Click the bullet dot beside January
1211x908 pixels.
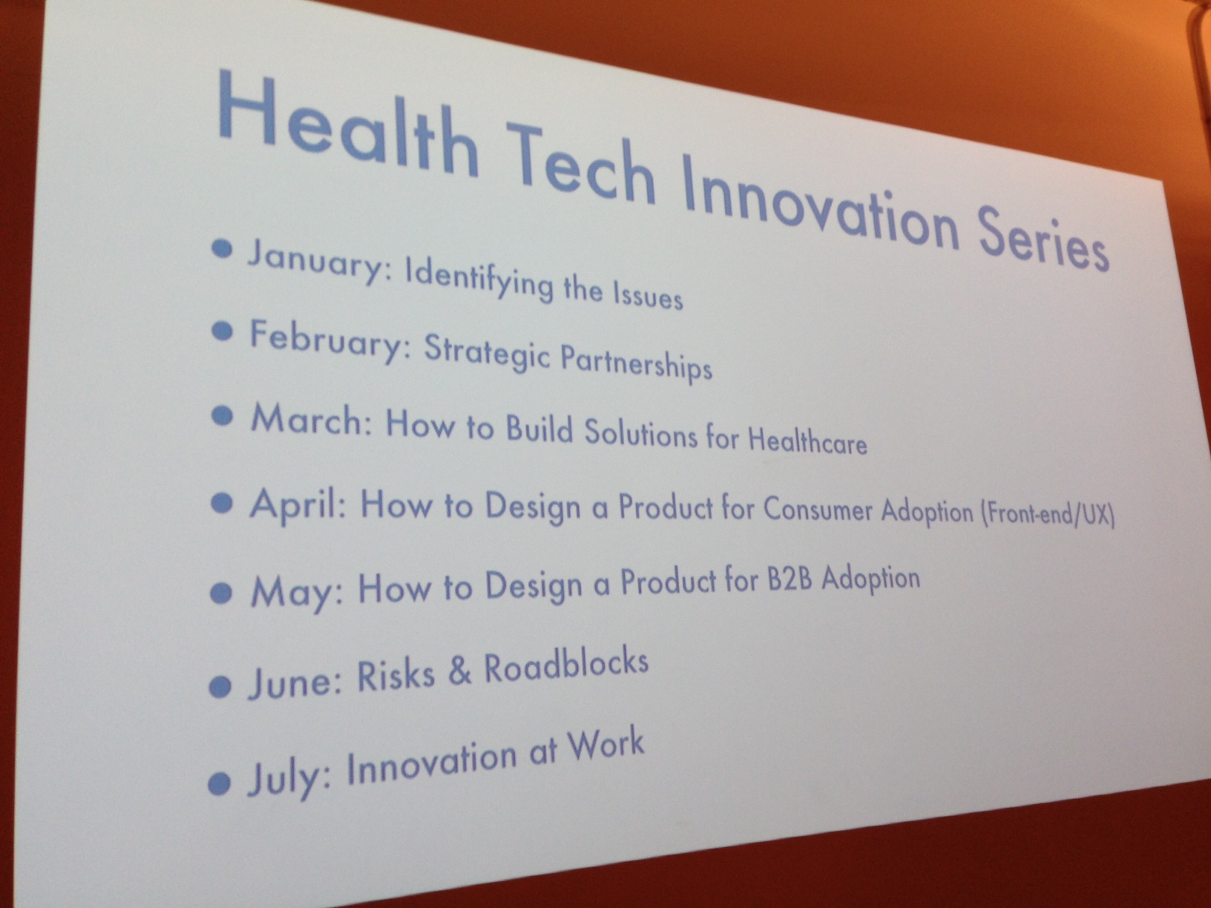click(x=222, y=249)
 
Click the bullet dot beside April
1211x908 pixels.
click(x=222, y=503)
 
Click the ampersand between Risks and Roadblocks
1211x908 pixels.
click(x=459, y=671)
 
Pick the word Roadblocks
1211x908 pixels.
click(x=566, y=665)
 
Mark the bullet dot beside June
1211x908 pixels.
click(x=220, y=686)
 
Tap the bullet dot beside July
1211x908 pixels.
click(x=219, y=783)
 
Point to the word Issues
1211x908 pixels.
click(x=649, y=297)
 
